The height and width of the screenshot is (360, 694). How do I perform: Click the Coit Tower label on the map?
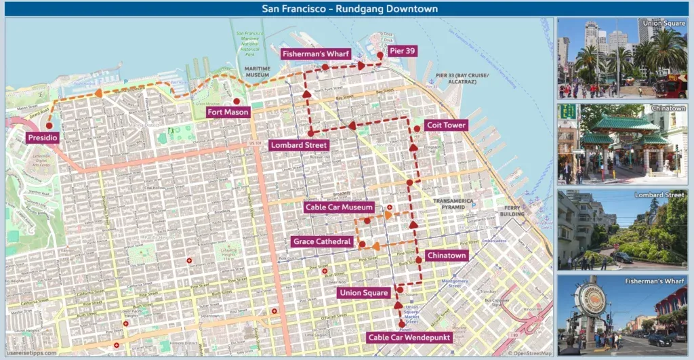point(446,125)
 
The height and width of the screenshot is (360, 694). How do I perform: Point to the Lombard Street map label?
point(299,145)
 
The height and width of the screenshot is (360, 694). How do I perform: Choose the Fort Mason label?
point(228,112)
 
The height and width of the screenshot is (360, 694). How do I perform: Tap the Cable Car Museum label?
point(339,207)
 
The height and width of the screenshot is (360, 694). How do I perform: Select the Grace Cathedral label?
point(323,241)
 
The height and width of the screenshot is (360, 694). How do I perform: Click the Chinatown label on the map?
point(447,256)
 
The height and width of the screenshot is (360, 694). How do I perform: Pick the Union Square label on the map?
point(365,293)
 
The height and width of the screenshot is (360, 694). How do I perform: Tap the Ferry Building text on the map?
point(513,211)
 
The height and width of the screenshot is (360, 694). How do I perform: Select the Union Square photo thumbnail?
point(622,58)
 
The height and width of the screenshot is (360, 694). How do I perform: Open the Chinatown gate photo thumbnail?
point(622,144)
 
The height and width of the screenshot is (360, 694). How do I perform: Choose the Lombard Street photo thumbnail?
point(622,230)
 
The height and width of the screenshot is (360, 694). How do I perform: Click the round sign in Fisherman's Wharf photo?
point(590,299)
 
